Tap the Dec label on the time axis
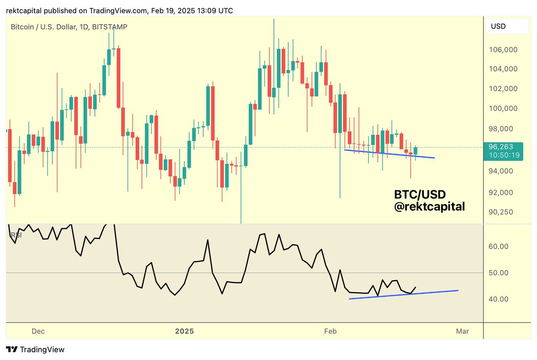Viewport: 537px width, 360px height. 38,331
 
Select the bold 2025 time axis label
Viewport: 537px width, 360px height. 184,331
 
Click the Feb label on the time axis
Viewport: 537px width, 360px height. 330,331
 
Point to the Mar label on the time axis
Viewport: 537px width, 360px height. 462,331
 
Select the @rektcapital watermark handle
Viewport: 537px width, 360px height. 429,207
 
